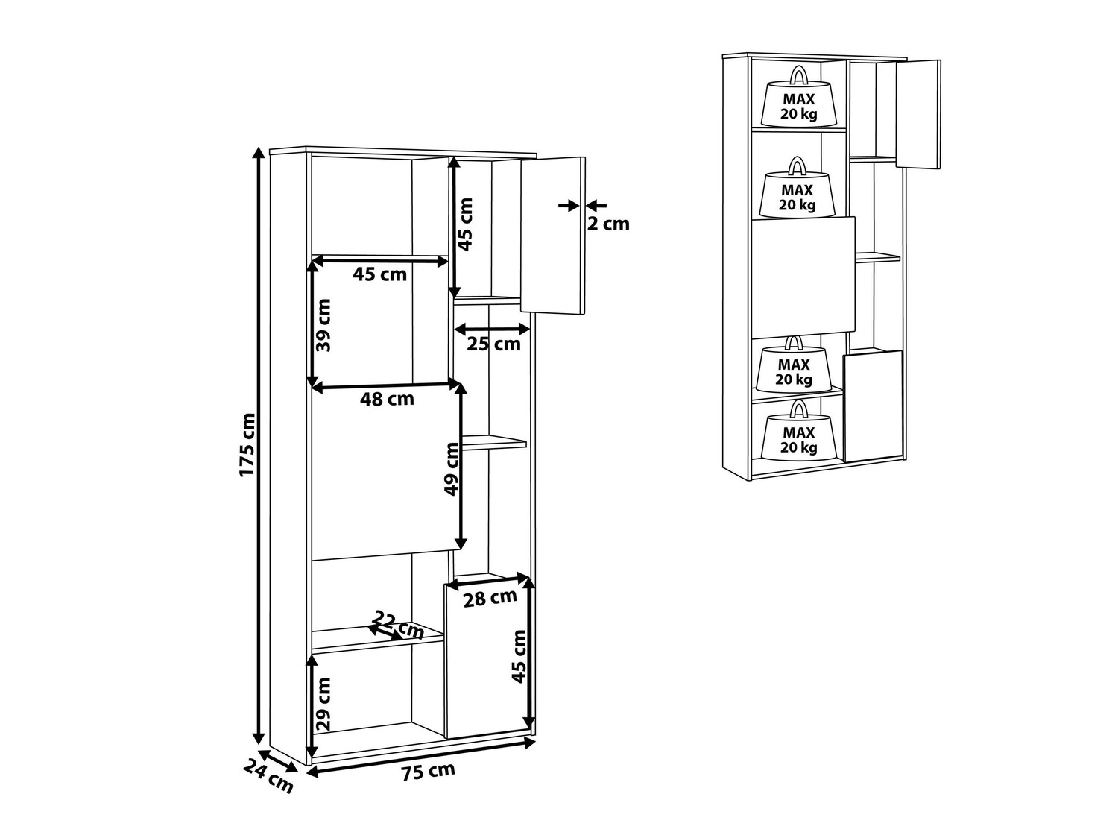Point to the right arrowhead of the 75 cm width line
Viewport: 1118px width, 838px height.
point(530,743)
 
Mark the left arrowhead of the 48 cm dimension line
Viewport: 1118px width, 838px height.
point(318,388)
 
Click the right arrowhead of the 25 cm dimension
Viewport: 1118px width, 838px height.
point(524,329)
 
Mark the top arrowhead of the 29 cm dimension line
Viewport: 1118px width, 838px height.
point(312,660)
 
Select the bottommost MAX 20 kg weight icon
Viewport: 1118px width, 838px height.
point(798,430)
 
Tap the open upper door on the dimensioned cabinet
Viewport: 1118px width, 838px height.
point(553,236)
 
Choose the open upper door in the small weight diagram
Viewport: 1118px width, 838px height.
point(918,114)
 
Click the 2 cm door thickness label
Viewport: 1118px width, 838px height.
point(608,224)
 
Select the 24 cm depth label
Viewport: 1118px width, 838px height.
point(268,776)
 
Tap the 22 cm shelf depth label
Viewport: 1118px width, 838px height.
point(398,625)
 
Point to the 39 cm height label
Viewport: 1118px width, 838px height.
point(323,325)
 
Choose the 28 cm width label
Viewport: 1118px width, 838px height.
point(490,598)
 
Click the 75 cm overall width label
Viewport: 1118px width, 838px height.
point(428,771)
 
